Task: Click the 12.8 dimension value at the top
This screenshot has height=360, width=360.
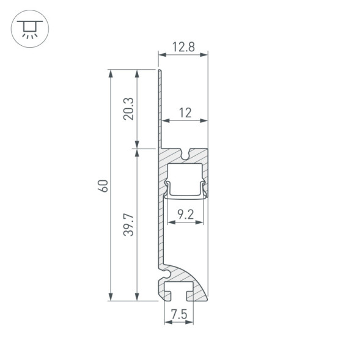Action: point(183,46)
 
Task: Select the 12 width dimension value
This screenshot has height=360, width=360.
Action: point(185,112)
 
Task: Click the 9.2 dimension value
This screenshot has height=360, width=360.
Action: point(185,213)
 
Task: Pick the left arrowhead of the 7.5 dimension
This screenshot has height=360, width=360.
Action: point(167,324)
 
